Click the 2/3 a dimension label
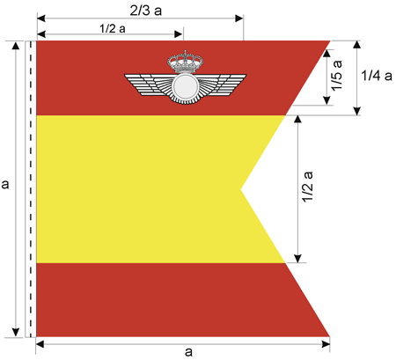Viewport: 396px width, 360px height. tap(146, 11)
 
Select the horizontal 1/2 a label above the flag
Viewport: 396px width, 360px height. tap(113, 29)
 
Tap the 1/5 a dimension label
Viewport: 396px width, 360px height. tap(337, 76)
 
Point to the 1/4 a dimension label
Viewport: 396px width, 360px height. tap(377, 76)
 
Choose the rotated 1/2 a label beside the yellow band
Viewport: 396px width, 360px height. tap(308, 187)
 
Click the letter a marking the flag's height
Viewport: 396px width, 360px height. tap(5, 184)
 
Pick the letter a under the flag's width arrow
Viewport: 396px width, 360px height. tap(188, 351)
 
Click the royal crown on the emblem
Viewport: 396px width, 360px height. tap(186, 62)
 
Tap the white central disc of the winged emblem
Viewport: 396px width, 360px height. tap(185, 86)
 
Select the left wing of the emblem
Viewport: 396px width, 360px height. tap(148, 84)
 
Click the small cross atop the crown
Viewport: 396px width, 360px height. tap(185, 53)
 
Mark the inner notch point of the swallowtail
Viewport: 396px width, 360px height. tap(241, 189)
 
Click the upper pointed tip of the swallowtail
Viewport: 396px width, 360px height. tap(330, 41)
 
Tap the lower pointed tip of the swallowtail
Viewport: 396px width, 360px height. tap(329, 336)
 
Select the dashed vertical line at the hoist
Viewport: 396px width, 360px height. tap(31, 189)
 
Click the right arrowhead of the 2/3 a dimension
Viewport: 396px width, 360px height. tap(239, 18)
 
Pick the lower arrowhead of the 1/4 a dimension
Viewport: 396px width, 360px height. tap(356, 111)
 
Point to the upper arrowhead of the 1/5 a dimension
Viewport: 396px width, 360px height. tap(326, 53)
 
